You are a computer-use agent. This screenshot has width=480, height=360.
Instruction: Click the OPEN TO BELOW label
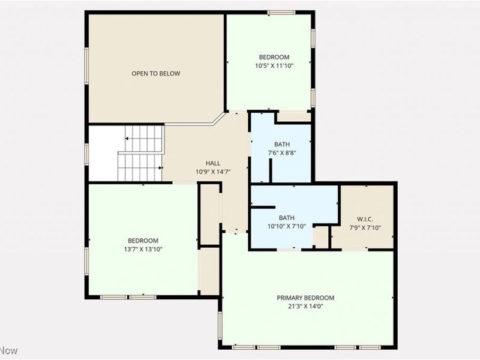(x=156, y=74)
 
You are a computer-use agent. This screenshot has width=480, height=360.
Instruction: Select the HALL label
(x=213, y=163)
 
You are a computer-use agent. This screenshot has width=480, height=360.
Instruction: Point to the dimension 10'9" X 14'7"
(x=213, y=172)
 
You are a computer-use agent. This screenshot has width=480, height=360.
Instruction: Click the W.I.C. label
(x=365, y=219)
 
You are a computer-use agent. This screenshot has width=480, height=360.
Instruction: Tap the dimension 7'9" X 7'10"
(x=365, y=227)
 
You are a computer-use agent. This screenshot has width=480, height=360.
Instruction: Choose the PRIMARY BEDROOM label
(x=305, y=298)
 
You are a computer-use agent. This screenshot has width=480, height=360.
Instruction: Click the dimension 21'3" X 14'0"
(x=305, y=306)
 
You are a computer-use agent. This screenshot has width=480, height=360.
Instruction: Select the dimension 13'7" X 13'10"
(x=143, y=249)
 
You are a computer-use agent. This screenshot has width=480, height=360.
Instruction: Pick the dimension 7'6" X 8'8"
(x=281, y=153)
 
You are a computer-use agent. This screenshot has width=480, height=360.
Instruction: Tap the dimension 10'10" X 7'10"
(x=286, y=226)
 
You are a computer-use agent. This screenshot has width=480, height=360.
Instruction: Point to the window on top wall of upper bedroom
(x=281, y=13)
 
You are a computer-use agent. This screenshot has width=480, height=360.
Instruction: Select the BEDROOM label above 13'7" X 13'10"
(x=143, y=241)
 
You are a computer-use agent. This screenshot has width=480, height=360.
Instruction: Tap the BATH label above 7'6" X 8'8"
(x=281, y=145)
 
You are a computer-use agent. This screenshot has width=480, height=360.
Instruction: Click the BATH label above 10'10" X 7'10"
(x=286, y=218)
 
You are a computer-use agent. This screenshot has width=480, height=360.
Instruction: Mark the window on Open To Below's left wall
(x=87, y=66)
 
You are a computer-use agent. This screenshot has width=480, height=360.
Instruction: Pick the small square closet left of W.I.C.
(x=322, y=236)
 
